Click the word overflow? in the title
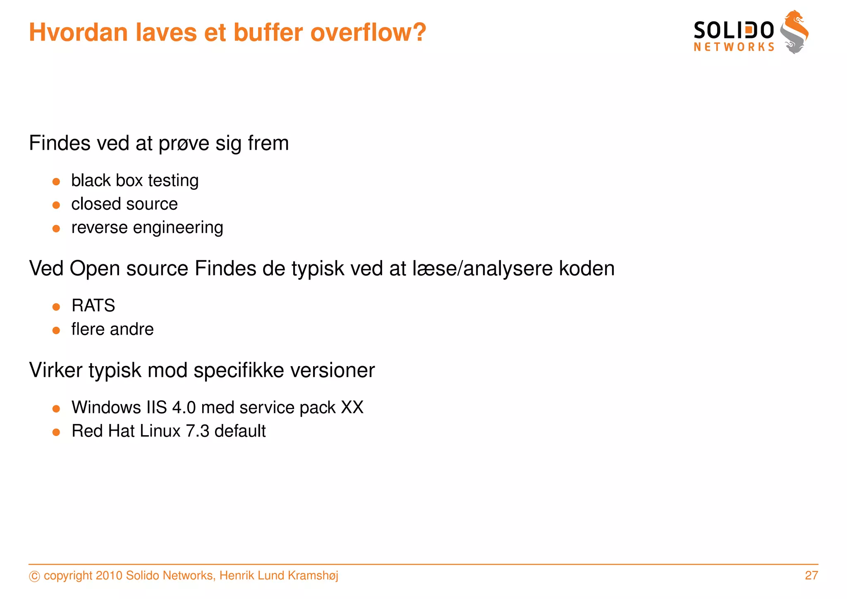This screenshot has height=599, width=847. click(x=368, y=32)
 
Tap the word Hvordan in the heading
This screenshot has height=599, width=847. click(x=78, y=32)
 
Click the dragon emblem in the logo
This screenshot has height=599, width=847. click(x=794, y=32)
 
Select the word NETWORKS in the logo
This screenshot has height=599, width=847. click(x=734, y=47)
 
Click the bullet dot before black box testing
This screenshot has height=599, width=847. click(x=57, y=181)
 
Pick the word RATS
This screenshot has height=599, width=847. click(x=93, y=306)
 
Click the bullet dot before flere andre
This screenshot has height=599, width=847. click(x=57, y=330)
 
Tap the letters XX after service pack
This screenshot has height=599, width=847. click(x=352, y=407)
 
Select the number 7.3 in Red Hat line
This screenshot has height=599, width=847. click(x=198, y=431)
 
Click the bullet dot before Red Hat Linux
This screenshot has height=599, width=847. click(x=57, y=432)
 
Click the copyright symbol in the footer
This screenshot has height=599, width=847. click(x=35, y=576)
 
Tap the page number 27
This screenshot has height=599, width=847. click(x=811, y=575)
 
